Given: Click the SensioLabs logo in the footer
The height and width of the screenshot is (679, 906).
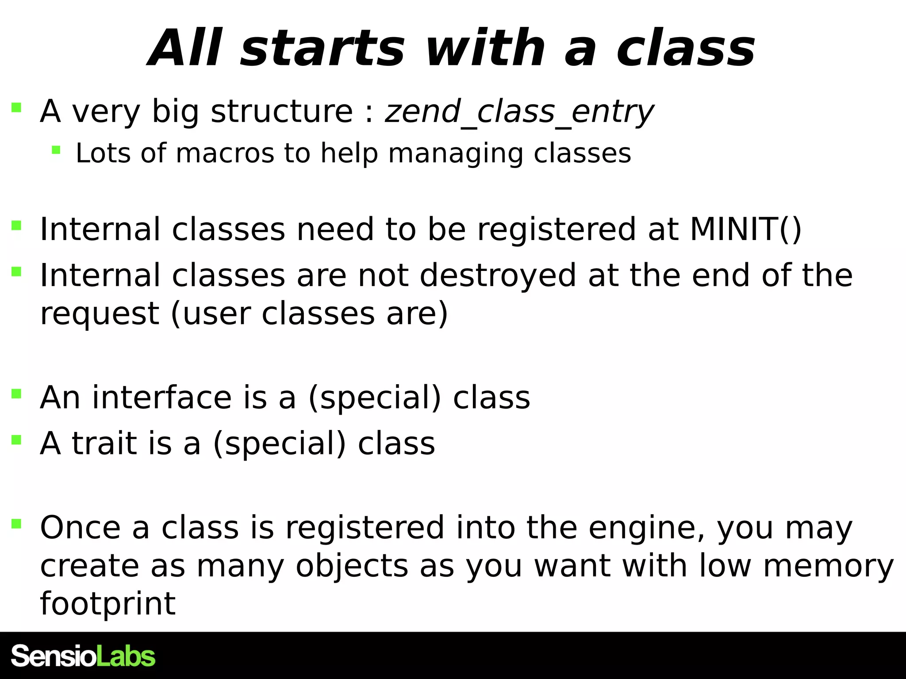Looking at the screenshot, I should point(83,656).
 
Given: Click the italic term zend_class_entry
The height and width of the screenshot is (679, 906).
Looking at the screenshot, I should point(519,111).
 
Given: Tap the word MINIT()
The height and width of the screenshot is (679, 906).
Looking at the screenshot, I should point(745,229).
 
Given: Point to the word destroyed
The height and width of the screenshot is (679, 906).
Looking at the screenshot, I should point(498,275).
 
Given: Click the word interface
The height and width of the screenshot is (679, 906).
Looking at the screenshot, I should point(161,397).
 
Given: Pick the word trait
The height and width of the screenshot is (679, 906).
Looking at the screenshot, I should point(104,443).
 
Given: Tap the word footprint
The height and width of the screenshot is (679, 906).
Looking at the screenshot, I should point(107,604).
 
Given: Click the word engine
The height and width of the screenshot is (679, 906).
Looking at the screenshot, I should point(646,529).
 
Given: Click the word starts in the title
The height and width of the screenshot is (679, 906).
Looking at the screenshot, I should point(322,49).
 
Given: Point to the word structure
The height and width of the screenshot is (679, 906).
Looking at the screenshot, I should point(282,111).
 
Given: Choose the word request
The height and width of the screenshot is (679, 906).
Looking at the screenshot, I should point(100,314).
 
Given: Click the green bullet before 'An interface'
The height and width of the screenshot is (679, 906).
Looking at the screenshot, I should point(16,393).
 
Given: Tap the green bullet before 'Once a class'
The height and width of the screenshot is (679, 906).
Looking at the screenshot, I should point(16,524).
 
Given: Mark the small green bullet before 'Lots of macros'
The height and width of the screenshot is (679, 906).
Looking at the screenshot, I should point(56,150).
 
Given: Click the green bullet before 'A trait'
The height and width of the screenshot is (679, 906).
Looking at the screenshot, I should point(16,439).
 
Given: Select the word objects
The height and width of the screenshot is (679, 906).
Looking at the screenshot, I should point(352,567).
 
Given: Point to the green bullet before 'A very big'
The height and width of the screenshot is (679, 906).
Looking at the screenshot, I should point(16,107).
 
